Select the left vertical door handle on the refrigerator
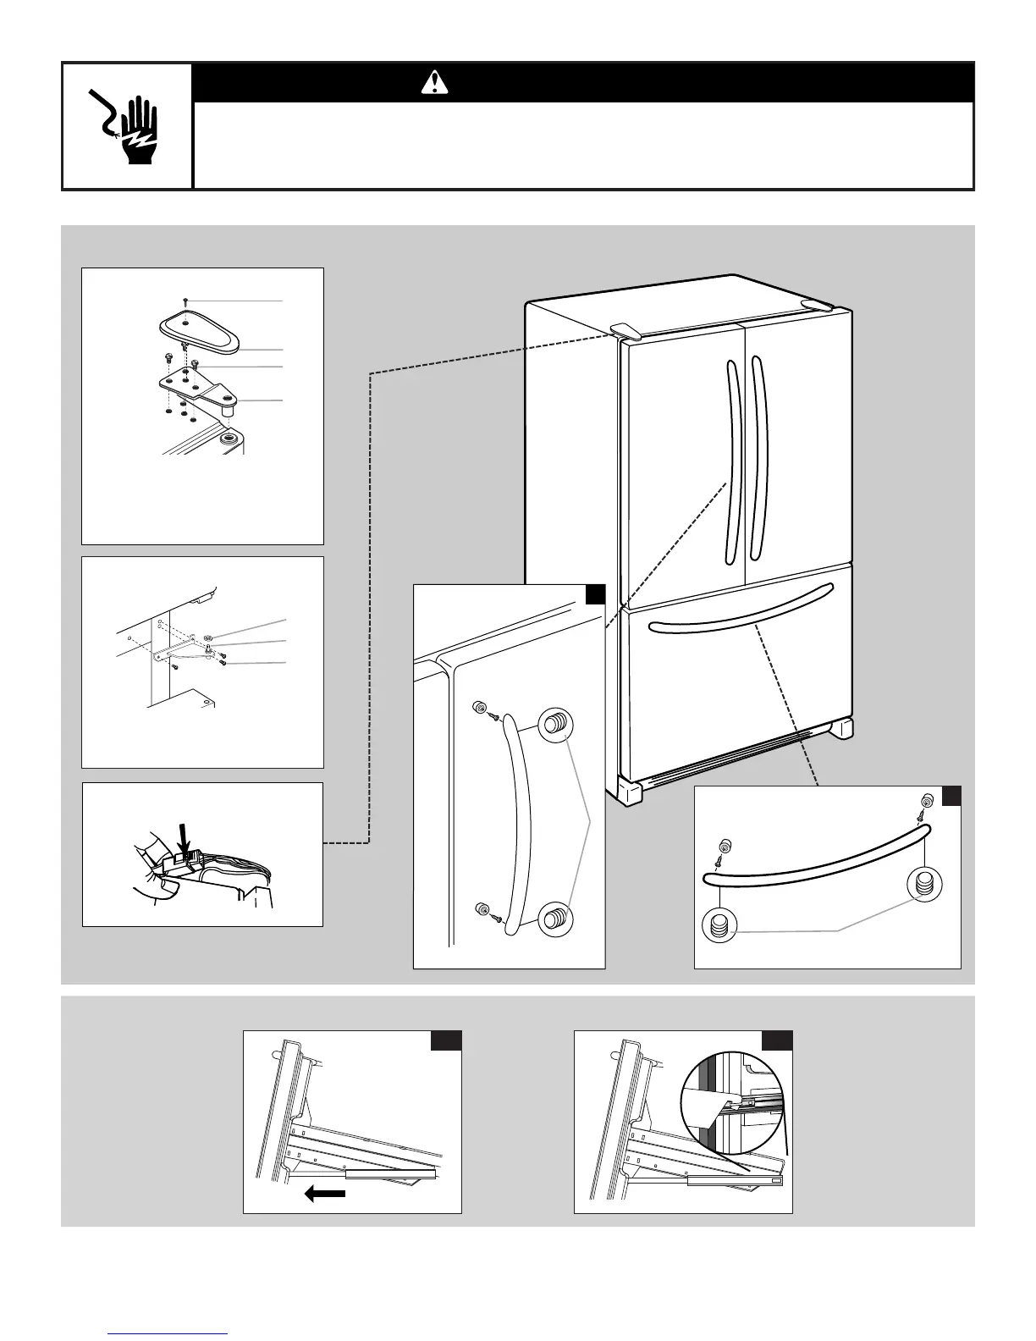tap(733, 462)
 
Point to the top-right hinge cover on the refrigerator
tap(817, 304)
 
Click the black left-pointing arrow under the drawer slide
tap(325, 1194)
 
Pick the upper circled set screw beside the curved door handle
tap(554, 726)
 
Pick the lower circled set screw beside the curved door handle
tap(554, 918)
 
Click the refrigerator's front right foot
tap(843, 729)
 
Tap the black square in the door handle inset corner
tap(595, 594)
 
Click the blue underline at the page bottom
tap(169, 1334)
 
